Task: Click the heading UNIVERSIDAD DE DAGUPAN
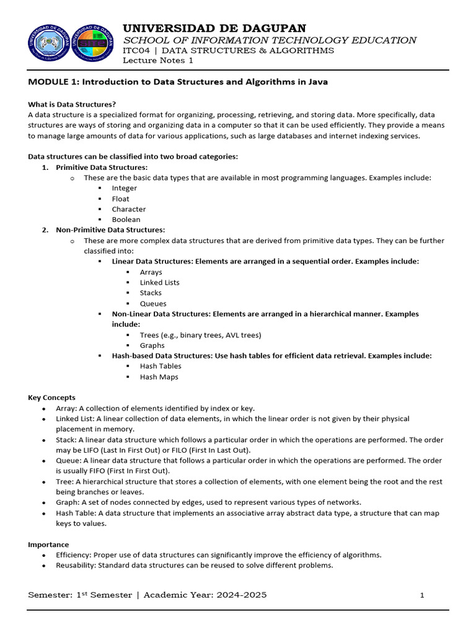tap(214, 28)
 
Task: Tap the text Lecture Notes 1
tap(158, 60)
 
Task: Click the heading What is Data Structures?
tap(72, 104)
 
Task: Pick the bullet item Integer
tap(124, 188)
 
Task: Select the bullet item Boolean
tap(126, 220)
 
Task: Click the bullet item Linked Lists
tap(159, 282)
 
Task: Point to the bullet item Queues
tap(153, 303)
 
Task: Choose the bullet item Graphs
tap(152, 345)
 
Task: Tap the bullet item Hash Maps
tap(159, 376)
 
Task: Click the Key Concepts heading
tap(51, 397)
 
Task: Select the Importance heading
tap(48, 544)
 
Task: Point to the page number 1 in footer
tap(422, 595)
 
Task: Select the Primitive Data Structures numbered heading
tap(102, 167)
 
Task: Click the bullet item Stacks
tap(151, 293)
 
